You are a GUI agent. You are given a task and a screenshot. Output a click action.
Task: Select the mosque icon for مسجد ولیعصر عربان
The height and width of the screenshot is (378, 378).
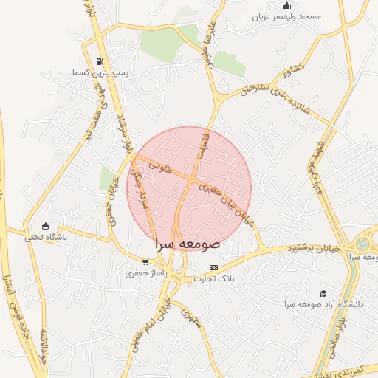pyautogui.click(x=286, y=6)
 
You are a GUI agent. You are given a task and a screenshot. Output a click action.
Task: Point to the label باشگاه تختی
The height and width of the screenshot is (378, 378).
pyautogui.click(x=46, y=238)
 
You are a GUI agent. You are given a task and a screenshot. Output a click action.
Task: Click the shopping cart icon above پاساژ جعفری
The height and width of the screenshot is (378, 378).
pyautogui.click(x=145, y=261)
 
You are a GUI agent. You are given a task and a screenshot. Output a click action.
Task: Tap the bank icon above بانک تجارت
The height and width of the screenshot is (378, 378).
pyautogui.click(x=214, y=267)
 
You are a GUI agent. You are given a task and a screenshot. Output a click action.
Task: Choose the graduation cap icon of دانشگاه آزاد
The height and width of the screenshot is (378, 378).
pyautogui.click(x=323, y=293)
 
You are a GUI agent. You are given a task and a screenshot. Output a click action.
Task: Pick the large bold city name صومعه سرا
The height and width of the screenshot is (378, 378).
pyautogui.click(x=188, y=242)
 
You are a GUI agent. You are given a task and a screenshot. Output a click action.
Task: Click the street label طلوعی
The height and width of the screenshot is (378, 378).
pyautogui.click(x=159, y=168)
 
